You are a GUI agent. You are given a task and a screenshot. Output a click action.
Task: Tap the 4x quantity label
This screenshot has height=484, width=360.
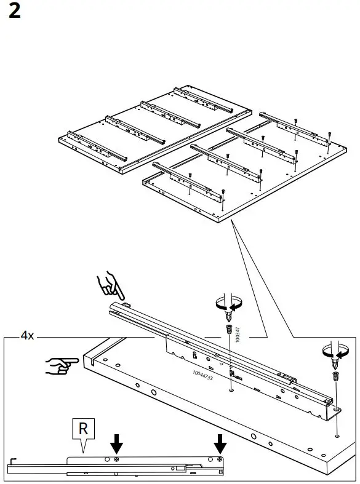click(x=27, y=336)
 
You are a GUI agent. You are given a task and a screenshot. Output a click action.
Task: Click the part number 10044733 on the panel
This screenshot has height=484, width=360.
click(x=202, y=376)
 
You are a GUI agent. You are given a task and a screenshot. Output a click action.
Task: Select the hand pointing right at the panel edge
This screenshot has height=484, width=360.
click(x=60, y=365)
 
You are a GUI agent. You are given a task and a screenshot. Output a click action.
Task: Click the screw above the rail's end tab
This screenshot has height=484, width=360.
click(x=335, y=376)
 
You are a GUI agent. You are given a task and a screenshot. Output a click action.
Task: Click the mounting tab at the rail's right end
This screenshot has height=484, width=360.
click(x=336, y=407)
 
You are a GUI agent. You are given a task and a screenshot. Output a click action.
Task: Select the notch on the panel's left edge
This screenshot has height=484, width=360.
click(x=87, y=362)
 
